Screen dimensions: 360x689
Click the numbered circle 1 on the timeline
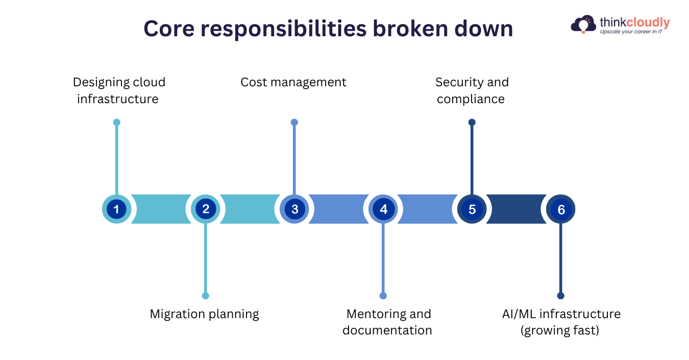pyautogui.click(x=116, y=209)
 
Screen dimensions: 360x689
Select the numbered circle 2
pyautogui.click(x=206, y=209)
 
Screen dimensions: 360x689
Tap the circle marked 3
pyautogui.click(x=294, y=209)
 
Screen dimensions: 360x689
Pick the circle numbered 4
pyautogui.click(x=383, y=209)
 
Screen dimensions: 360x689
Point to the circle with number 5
pyautogui.click(x=472, y=209)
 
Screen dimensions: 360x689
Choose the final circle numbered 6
pyautogui.click(x=561, y=209)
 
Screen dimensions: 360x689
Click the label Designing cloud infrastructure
pyautogui.click(x=118, y=90)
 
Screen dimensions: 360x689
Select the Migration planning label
pyautogui.click(x=204, y=314)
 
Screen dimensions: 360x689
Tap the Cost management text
pyautogui.click(x=293, y=82)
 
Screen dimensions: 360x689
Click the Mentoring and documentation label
pyautogui.click(x=387, y=322)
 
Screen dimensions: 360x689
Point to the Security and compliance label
pyautogui.click(x=472, y=90)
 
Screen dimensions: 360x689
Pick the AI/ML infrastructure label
pyautogui.click(x=561, y=322)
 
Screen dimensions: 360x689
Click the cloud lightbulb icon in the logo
pyautogui.click(x=584, y=24)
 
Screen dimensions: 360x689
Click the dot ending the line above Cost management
pyautogui.click(x=294, y=123)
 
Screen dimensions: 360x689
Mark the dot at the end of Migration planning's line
pyautogui.click(x=206, y=296)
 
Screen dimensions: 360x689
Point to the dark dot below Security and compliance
pyautogui.click(x=472, y=123)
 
